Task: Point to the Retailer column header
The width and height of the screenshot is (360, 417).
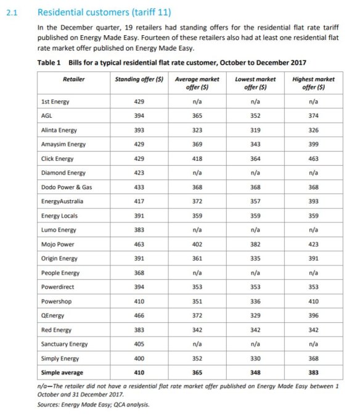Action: [73, 79]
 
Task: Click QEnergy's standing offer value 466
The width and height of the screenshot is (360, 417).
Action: [139, 315]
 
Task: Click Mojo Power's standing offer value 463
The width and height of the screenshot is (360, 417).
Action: [139, 244]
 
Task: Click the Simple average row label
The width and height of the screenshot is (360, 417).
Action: [62, 372]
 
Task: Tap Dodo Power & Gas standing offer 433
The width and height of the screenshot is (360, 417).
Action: [139, 187]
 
